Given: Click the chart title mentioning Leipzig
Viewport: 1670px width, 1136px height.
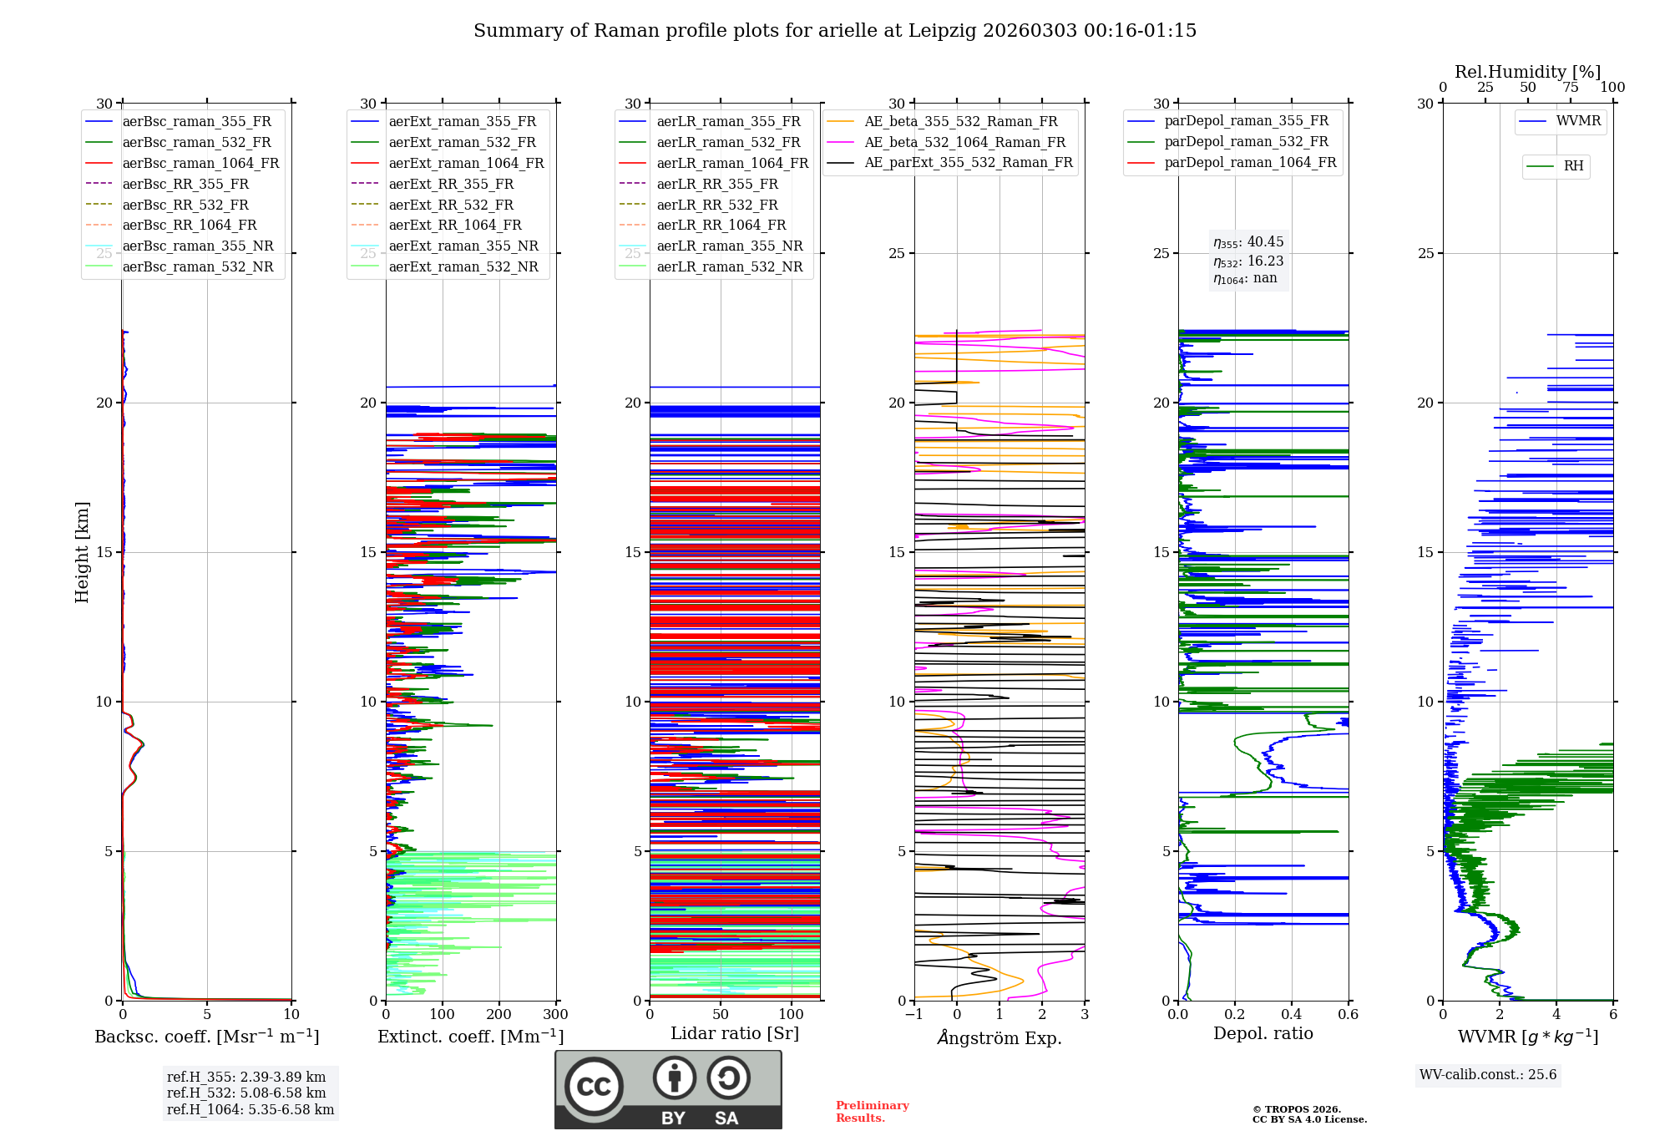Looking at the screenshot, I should pos(835,31).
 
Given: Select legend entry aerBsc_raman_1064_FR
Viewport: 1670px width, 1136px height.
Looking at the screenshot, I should pos(200,164).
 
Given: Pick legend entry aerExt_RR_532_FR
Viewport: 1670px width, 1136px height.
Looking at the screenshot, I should pos(451,205).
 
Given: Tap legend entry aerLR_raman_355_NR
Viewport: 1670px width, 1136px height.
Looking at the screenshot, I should pos(729,246).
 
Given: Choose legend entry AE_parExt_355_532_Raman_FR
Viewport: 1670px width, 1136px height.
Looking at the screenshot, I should pos(968,163).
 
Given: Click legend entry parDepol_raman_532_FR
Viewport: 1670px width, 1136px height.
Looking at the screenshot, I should pos(1246,142).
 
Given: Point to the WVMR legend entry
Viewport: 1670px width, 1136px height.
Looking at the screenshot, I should pos(1577,121).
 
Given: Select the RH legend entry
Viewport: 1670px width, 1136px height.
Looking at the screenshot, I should pos(1573,166).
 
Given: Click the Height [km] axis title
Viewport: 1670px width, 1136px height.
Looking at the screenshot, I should pos(82,552).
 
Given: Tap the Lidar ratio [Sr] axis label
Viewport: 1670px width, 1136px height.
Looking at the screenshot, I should pos(735,1034).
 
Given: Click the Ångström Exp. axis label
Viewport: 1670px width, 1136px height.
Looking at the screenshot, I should pos(999,1038).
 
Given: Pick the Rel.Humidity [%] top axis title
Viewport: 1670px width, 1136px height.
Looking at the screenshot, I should pos(1527,72).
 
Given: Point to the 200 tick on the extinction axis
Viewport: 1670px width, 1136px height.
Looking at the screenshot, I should pos(498,1015).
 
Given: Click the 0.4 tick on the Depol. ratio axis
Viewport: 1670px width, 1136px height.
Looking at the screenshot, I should pos(1291,1015).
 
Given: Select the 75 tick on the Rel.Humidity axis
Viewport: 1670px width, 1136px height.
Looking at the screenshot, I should pos(1571,88).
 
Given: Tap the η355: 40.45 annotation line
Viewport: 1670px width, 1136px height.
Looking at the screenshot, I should pos(1248,242).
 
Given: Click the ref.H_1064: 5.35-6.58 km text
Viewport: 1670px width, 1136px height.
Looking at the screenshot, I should pos(250,1110).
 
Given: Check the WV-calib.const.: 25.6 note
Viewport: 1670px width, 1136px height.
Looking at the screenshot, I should pos(1488,1075).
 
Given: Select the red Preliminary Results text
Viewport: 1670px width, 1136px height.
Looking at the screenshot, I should pos(872,1112).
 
